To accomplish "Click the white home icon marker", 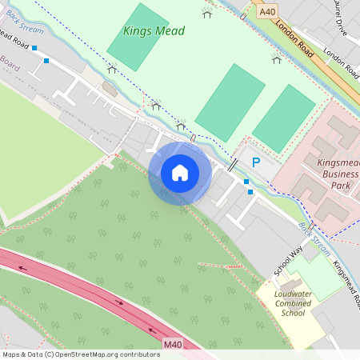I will [179, 173].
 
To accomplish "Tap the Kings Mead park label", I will [154, 31].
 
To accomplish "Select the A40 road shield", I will [266, 12].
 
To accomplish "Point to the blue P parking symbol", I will [256, 162].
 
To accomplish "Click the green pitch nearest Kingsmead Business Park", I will [283, 118].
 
